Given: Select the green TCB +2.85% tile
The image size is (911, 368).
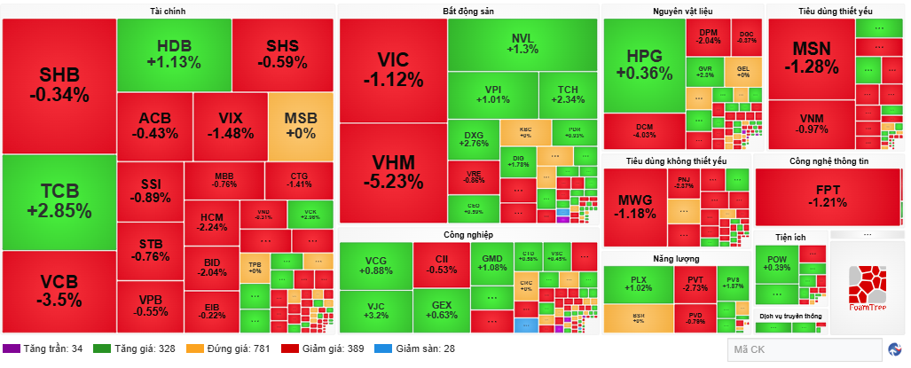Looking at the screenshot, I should pyautogui.click(x=59, y=201).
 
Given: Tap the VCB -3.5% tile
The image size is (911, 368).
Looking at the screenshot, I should pyautogui.click(x=59, y=290).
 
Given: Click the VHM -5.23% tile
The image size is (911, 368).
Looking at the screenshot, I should pyautogui.click(x=393, y=171).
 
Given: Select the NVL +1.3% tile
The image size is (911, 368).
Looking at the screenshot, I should pyautogui.click(x=522, y=43).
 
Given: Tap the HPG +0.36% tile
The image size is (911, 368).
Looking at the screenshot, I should pyautogui.click(x=644, y=65).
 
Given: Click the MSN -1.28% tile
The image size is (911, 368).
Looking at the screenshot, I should pyautogui.click(x=811, y=58).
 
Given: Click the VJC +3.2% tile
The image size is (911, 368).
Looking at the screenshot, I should pyautogui.click(x=375, y=310).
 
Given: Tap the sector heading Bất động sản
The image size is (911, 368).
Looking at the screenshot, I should pyautogui.click(x=467, y=12).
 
